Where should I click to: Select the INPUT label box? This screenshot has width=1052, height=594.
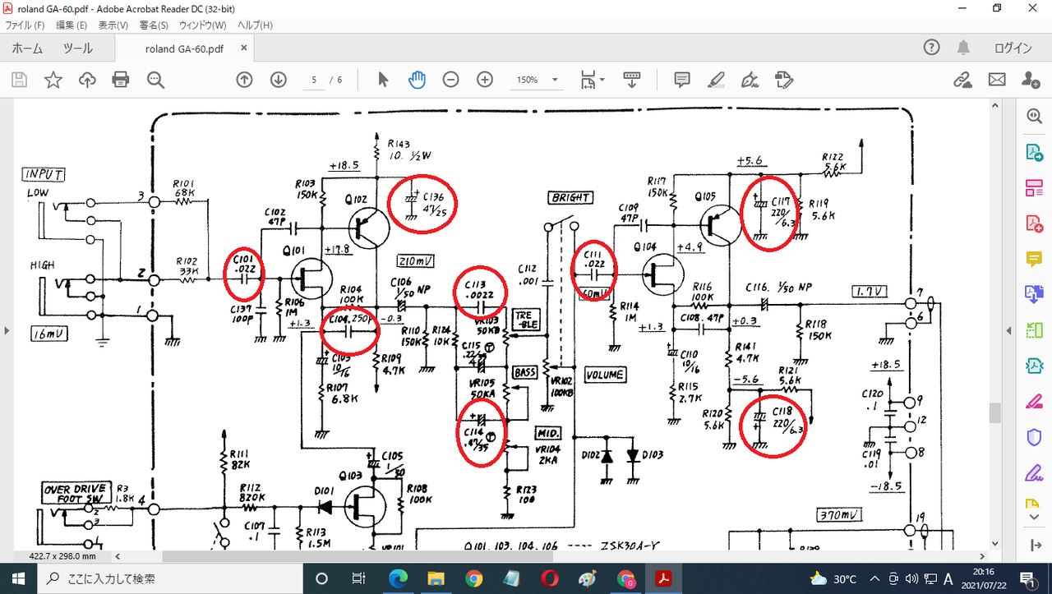click(x=44, y=175)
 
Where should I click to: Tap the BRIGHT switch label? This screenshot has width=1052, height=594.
click(x=570, y=198)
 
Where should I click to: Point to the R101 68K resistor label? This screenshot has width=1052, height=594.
click(x=184, y=189)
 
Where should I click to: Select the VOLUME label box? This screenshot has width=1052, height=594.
click(x=604, y=375)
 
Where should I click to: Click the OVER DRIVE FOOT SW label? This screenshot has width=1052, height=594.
click(x=75, y=493)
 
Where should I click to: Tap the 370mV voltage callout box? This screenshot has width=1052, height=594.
click(x=838, y=515)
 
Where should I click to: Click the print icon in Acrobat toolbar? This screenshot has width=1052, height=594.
click(x=121, y=80)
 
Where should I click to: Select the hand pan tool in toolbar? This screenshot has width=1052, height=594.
click(x=417, y=80)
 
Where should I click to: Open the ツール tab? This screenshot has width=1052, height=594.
click(x=78, y=48)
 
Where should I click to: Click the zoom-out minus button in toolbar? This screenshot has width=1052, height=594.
click(x=450, y=80)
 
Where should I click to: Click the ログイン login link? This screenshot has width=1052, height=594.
click(x=1013, y=48)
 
